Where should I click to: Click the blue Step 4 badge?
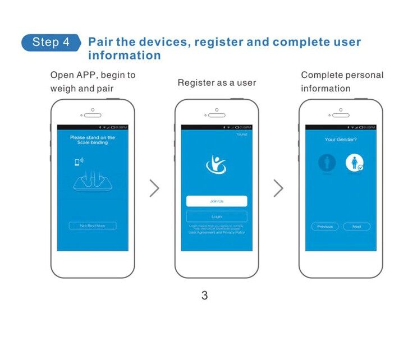(x=51, y=43)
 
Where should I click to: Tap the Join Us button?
(x=217, y=201)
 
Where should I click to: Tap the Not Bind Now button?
(x=93, y=225)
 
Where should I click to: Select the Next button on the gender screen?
(x=356, y=227)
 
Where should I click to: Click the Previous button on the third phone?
(x=325, y=227)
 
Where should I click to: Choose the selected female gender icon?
(x=355, y=163)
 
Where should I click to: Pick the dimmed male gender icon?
(x=327, y=163)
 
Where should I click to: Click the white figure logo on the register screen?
(x=216, y=164)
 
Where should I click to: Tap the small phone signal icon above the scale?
(x=79, y=162)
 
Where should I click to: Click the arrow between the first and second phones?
(x=154, y=188)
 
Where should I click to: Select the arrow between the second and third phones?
(x=278, y=188)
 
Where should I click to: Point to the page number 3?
(x=204, y=295)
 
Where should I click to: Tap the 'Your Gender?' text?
(x=341, y=139)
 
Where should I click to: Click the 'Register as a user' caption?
(x=217, y=83)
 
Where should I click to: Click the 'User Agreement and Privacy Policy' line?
(x=217, y=232)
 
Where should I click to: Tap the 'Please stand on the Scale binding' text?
(x=93, y=140)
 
